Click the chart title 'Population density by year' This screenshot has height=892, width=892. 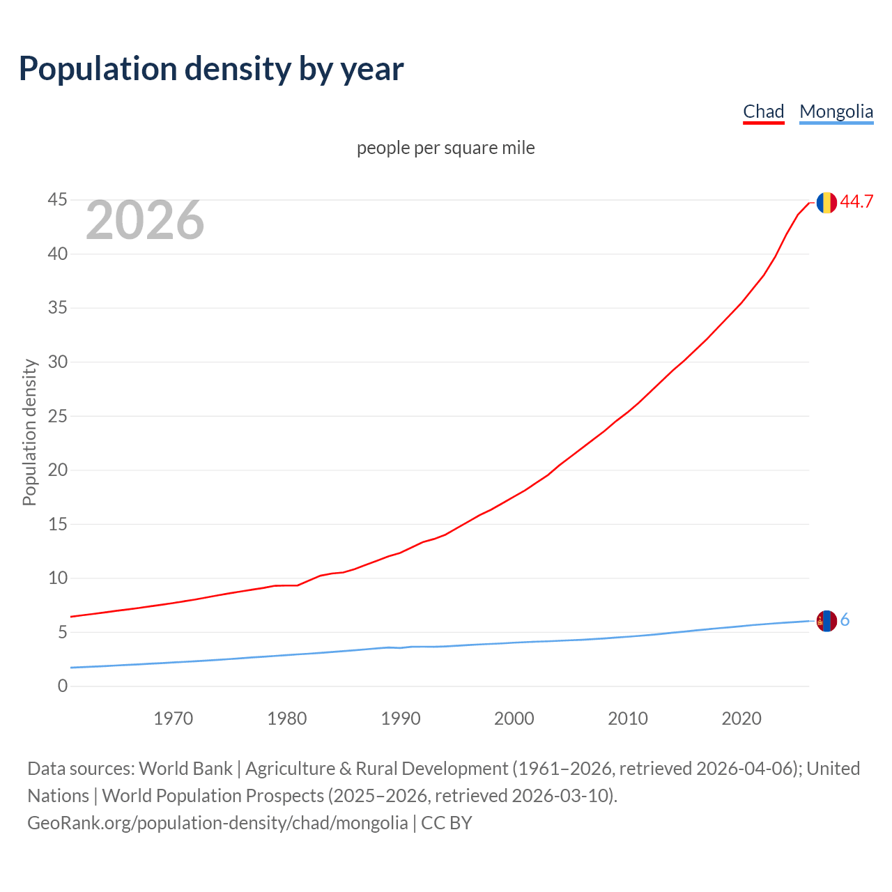(211, 69)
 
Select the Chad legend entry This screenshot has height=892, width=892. (763, 111)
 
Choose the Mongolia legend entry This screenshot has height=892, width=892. (836, 111)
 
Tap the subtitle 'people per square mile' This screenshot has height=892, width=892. (445, 148)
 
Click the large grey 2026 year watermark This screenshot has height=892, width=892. (145, 220)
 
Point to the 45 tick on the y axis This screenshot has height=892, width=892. (58, 200)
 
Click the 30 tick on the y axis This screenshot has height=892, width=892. (58, 362)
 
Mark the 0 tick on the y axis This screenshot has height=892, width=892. (63, 686)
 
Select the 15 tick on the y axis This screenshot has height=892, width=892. (58, 524)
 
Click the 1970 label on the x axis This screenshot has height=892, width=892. (173, 718)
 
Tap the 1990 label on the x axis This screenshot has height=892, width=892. (400, 718)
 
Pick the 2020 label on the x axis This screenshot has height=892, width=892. (741, 718)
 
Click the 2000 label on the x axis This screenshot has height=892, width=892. (514, 718)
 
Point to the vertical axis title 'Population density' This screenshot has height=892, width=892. (29, 432)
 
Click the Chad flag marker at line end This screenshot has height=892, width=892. (826, 202)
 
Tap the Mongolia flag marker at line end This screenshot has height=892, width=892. (826, 621)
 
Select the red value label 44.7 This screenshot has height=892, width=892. (856, 202)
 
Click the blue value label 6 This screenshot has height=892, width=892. (845, 620)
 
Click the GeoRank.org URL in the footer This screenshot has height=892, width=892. (217, 823)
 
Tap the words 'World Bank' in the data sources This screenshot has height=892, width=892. (185, 769)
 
